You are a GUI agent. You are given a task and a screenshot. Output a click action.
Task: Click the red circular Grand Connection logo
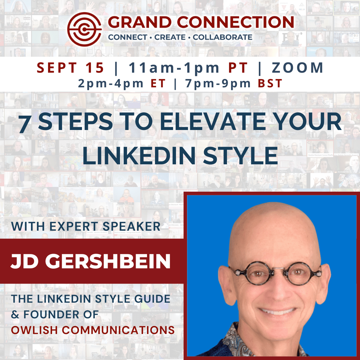point(84,29)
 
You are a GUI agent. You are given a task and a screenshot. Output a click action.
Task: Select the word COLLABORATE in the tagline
point(222,37)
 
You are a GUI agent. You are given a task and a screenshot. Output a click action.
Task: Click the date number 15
point(95,68)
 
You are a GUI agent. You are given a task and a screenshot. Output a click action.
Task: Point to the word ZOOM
point(297,68)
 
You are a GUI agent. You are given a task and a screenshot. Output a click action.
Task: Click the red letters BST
point(270,83)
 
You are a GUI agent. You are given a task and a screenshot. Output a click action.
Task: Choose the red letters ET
point(158,83)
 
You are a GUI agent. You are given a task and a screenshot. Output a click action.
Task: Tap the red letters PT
point(238,68)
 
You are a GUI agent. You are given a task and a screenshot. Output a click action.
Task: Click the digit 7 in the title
point(24,124)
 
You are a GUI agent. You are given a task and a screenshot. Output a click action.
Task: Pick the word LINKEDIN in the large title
point(139,156)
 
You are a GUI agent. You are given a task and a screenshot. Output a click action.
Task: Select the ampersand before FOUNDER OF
point(15,315)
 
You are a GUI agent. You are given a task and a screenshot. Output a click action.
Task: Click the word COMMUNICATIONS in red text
point(118,330)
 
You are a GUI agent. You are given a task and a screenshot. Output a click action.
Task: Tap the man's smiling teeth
point(277,311)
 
